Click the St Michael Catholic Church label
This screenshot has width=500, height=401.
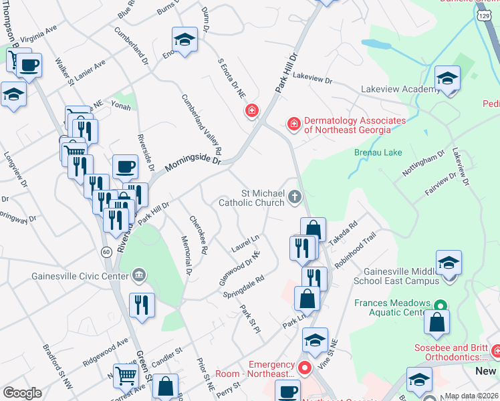coord(257,198)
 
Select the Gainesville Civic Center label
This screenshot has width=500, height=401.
coord(81,275)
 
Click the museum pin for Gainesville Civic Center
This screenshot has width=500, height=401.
coord(139,274)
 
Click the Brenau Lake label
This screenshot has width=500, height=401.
coord(378,152)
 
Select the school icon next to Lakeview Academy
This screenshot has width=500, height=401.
coord(447,79)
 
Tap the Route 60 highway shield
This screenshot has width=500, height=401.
coord(106,251)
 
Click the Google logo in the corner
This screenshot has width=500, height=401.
coord(23,393)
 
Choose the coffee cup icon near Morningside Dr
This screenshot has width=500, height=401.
coord(125,166)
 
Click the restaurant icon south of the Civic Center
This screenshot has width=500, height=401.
coord(142,305)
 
